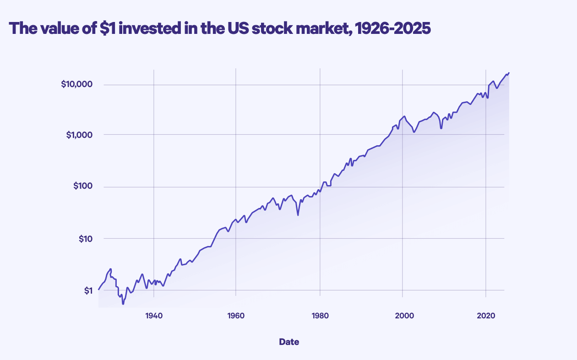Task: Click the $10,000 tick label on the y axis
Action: tap(76, 84)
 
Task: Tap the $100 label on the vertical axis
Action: tap(82, 187)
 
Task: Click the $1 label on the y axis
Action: tap(87, 290)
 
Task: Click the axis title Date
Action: tap(289, 342)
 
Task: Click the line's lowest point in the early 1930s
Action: tap(123, 304)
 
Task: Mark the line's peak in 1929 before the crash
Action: tap(111, 269)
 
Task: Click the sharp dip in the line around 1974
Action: tap(298, 215)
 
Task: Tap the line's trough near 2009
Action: tap(441, 128)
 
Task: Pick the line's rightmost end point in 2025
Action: tap(509, 73)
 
